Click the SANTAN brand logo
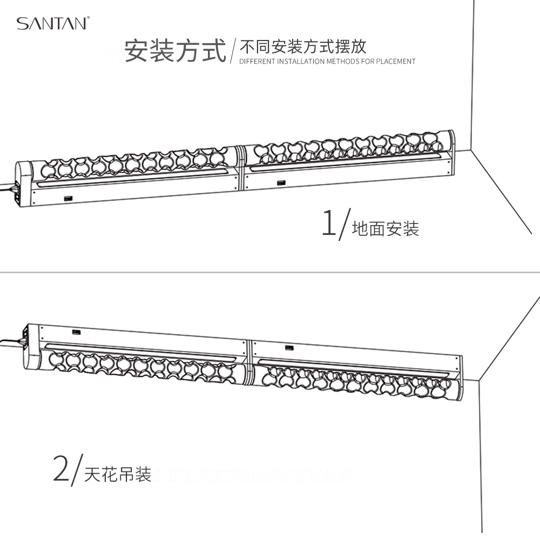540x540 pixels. coord(51,23)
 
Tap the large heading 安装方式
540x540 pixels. coord(175,51)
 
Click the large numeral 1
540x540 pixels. coord(328,222)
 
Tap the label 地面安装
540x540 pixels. coord(385,230)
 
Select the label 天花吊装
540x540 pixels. coord(117,475)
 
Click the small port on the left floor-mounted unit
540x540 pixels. coord(68,199)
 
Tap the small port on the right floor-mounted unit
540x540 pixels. coord(281,183)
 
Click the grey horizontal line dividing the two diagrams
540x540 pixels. coord(270,272)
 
